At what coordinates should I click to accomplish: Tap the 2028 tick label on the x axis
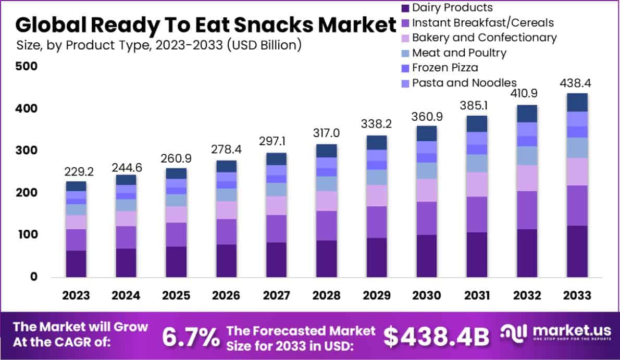tap(326, 295)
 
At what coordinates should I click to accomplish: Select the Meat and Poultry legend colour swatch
tap(405, 53)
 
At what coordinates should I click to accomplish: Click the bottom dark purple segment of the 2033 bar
tap(577, 251)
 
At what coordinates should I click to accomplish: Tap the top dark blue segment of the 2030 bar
tap(427, 133)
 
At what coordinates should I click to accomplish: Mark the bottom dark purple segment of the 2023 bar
tap(76, 264)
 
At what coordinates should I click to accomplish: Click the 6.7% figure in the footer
tap(191, 337)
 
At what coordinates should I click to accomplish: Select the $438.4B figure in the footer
tap(437, 337)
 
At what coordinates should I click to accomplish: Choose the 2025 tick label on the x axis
tap(176, 295)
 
